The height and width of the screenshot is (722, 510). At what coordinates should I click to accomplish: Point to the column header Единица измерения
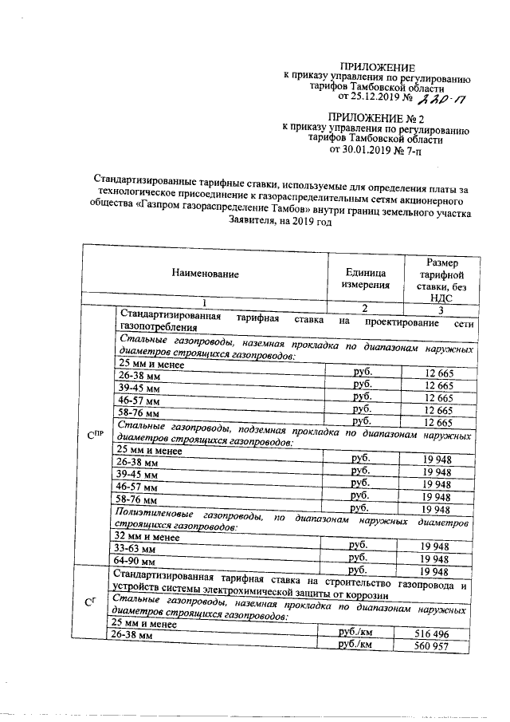click(x=366, y=276)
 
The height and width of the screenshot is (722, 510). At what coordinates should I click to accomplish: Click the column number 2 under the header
click(x=365, y=309)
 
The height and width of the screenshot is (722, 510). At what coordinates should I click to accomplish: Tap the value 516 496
click(x=433, y=633)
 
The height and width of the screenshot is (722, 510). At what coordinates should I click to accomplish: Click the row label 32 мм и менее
click(x=148, y=537)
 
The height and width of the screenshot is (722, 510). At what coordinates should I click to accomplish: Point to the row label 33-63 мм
click(x=136, y=549)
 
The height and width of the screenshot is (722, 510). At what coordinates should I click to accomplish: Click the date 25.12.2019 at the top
click(x=367, y=97)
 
